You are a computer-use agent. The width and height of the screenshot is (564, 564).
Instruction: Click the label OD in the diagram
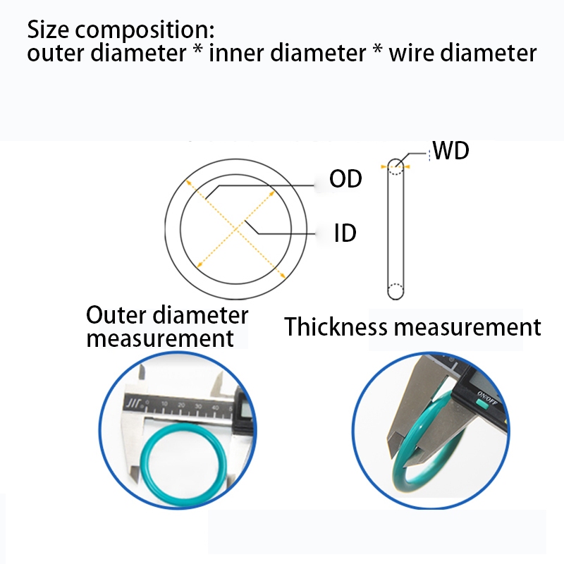345,179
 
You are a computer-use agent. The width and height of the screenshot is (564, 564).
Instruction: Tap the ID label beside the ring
345,233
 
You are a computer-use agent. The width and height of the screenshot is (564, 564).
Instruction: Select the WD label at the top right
450,151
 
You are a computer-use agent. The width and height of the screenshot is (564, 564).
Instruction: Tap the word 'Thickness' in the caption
336,327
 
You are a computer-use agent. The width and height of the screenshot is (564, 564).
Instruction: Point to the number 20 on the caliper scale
181,404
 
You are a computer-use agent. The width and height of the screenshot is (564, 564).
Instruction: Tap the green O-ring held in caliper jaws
423,451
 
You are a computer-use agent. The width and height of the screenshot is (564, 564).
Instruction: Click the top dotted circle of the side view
396,166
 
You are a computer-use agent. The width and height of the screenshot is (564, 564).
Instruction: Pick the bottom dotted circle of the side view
396,290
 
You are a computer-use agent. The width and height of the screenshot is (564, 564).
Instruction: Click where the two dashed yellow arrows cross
237,223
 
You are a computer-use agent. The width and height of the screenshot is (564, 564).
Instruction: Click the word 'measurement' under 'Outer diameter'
159,338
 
